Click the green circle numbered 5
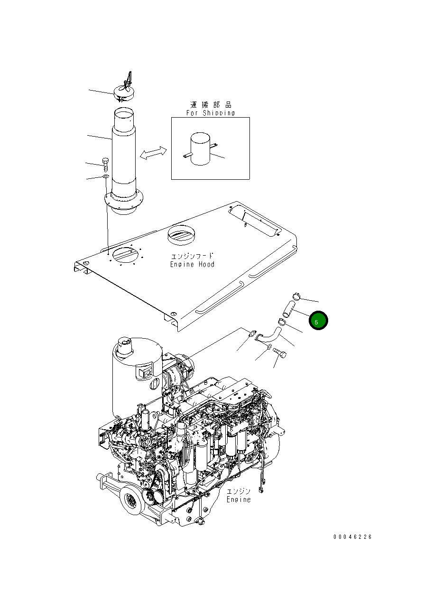coord(318,321)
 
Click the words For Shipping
coord(210,113)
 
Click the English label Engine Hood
coord(192,264)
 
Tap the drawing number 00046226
coord(352,537)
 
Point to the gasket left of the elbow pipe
coord(252,335)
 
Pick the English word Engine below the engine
coord(239,499)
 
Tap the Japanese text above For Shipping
coord(211,105)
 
